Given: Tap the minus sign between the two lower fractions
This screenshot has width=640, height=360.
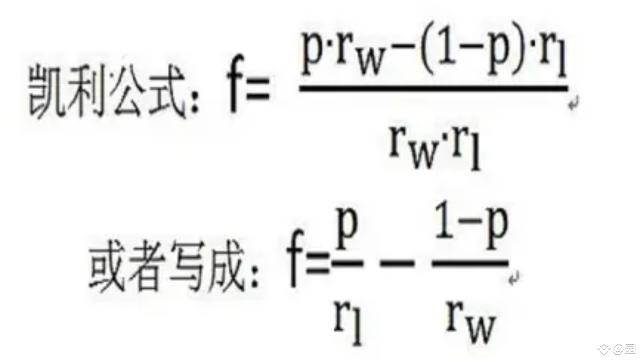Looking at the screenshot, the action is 397,263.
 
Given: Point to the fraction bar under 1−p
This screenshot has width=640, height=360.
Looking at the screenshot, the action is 470,263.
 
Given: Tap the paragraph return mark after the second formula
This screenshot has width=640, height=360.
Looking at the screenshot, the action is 514,278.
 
